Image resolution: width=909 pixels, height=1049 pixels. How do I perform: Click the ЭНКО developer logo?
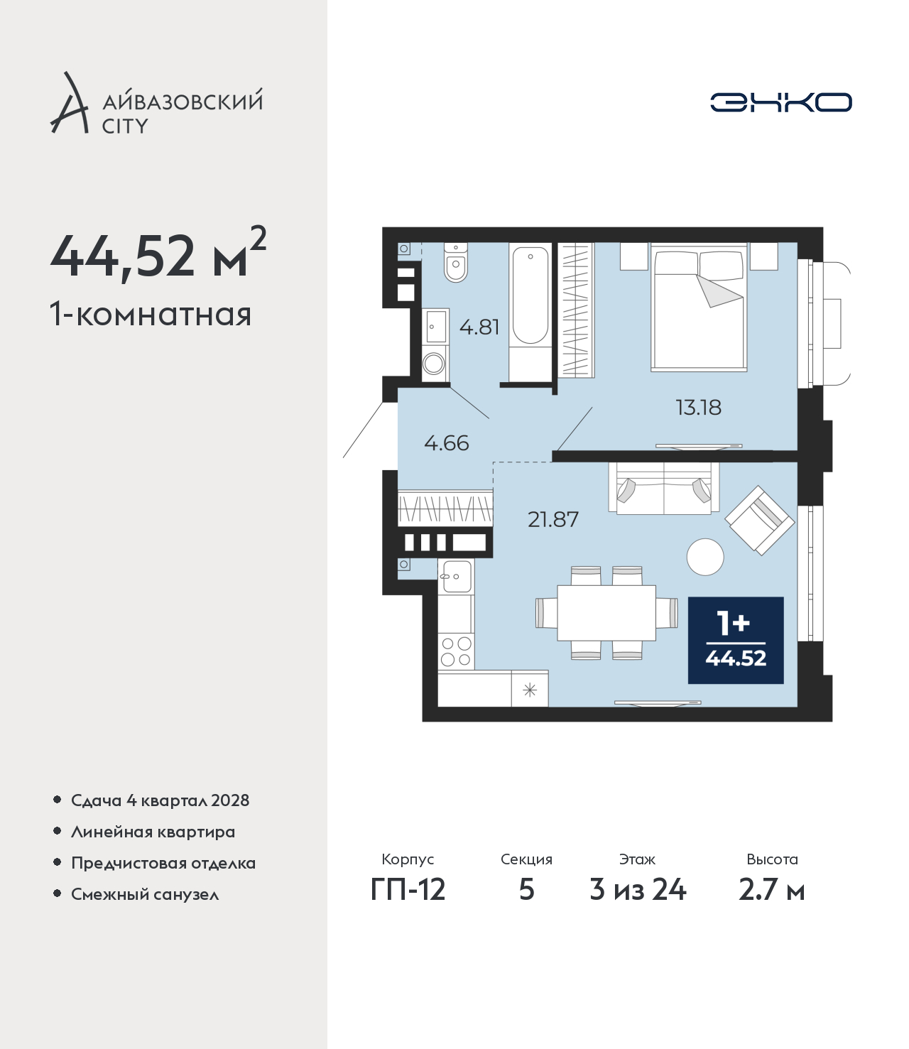(780, 102)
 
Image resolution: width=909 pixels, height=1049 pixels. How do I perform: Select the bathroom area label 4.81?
(479, 327)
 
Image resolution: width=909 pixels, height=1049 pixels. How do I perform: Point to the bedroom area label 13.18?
(698, 407)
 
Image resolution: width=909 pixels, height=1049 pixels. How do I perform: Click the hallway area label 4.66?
(446, 443)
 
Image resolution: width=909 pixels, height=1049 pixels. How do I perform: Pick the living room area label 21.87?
(553, 519)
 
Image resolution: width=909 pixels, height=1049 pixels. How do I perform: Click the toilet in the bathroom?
(456, 262)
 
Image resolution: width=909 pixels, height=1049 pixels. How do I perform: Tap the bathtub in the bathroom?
(530, 295)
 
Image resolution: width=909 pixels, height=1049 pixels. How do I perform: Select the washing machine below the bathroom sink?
(435, 364)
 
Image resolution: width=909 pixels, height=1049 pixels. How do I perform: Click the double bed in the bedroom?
(699, 307)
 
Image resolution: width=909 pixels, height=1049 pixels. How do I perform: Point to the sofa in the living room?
(664, 488)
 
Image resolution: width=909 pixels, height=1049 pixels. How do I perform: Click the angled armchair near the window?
(759, 520)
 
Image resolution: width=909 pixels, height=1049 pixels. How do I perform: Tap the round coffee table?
(705, 557)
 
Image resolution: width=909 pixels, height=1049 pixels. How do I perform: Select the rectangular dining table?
(606, 613)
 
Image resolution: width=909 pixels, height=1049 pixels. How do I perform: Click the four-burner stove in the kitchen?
(456, 651)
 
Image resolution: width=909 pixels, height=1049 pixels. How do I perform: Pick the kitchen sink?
(457, 576)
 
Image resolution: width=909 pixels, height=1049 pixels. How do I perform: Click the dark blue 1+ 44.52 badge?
(736, 641)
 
